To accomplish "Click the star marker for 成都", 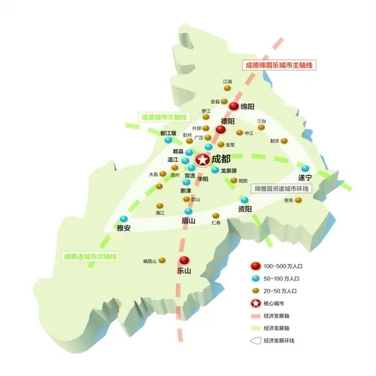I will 202,159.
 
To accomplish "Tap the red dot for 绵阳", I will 234,107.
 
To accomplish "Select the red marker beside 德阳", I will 220,129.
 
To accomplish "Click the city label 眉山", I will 189,221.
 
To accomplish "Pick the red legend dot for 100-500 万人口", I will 256,266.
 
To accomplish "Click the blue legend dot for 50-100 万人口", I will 256,278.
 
